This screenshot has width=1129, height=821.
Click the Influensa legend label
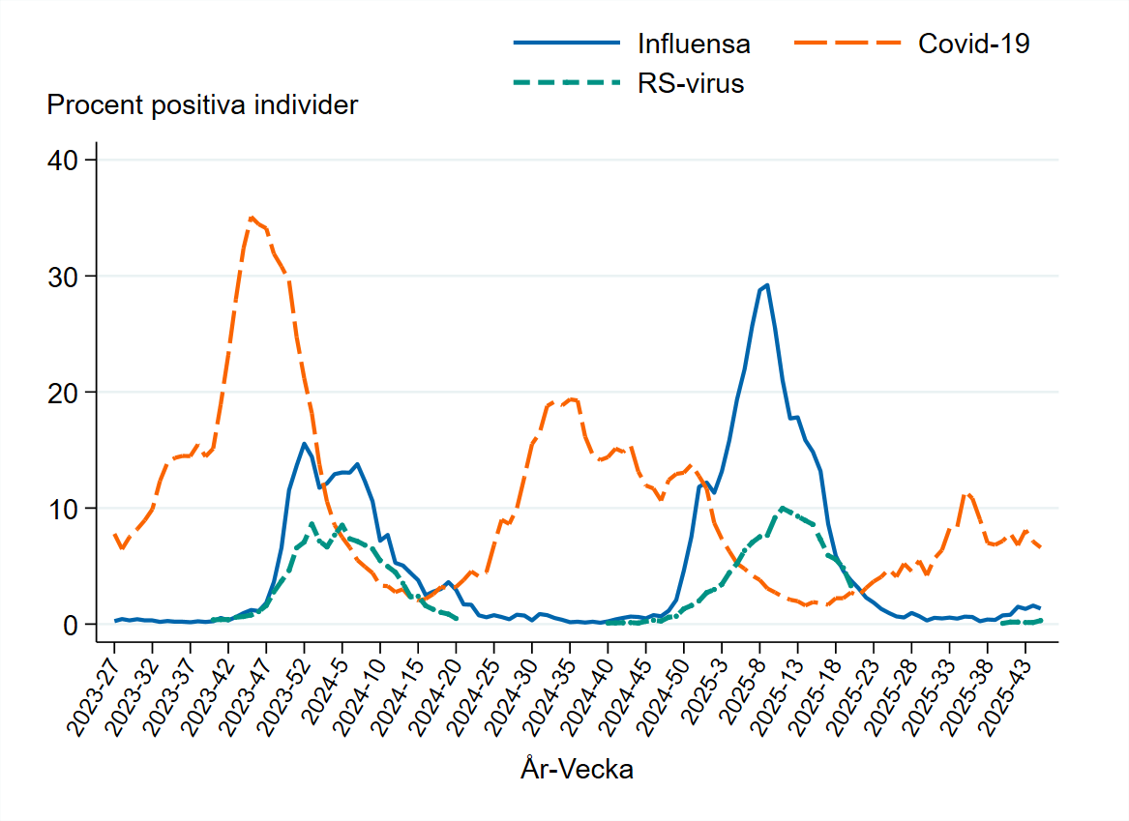point(694,44)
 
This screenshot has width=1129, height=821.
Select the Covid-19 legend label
point(973,44)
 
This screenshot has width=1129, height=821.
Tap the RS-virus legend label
point(690,83)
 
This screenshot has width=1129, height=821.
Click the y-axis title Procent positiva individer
point(202,104)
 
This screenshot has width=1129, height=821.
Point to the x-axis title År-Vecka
point(577,770)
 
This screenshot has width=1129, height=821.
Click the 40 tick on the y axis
point(63,160)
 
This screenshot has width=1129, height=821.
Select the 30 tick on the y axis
point(63,276)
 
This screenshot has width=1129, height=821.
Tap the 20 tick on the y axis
point(63,392)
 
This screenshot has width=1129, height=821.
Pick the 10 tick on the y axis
point(63,509)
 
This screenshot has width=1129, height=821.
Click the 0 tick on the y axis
point(70,625)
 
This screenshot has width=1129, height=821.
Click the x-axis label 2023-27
point(91,689)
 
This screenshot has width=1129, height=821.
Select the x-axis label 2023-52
point(281,689)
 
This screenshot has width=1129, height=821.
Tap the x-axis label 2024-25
point(470,689)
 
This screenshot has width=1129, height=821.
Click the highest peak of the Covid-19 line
point(251,218)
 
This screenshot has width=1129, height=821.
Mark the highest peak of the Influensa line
point(767,285)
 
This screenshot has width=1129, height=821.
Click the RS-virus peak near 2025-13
point(782,507)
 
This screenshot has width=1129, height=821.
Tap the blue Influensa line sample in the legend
point(566,44)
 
